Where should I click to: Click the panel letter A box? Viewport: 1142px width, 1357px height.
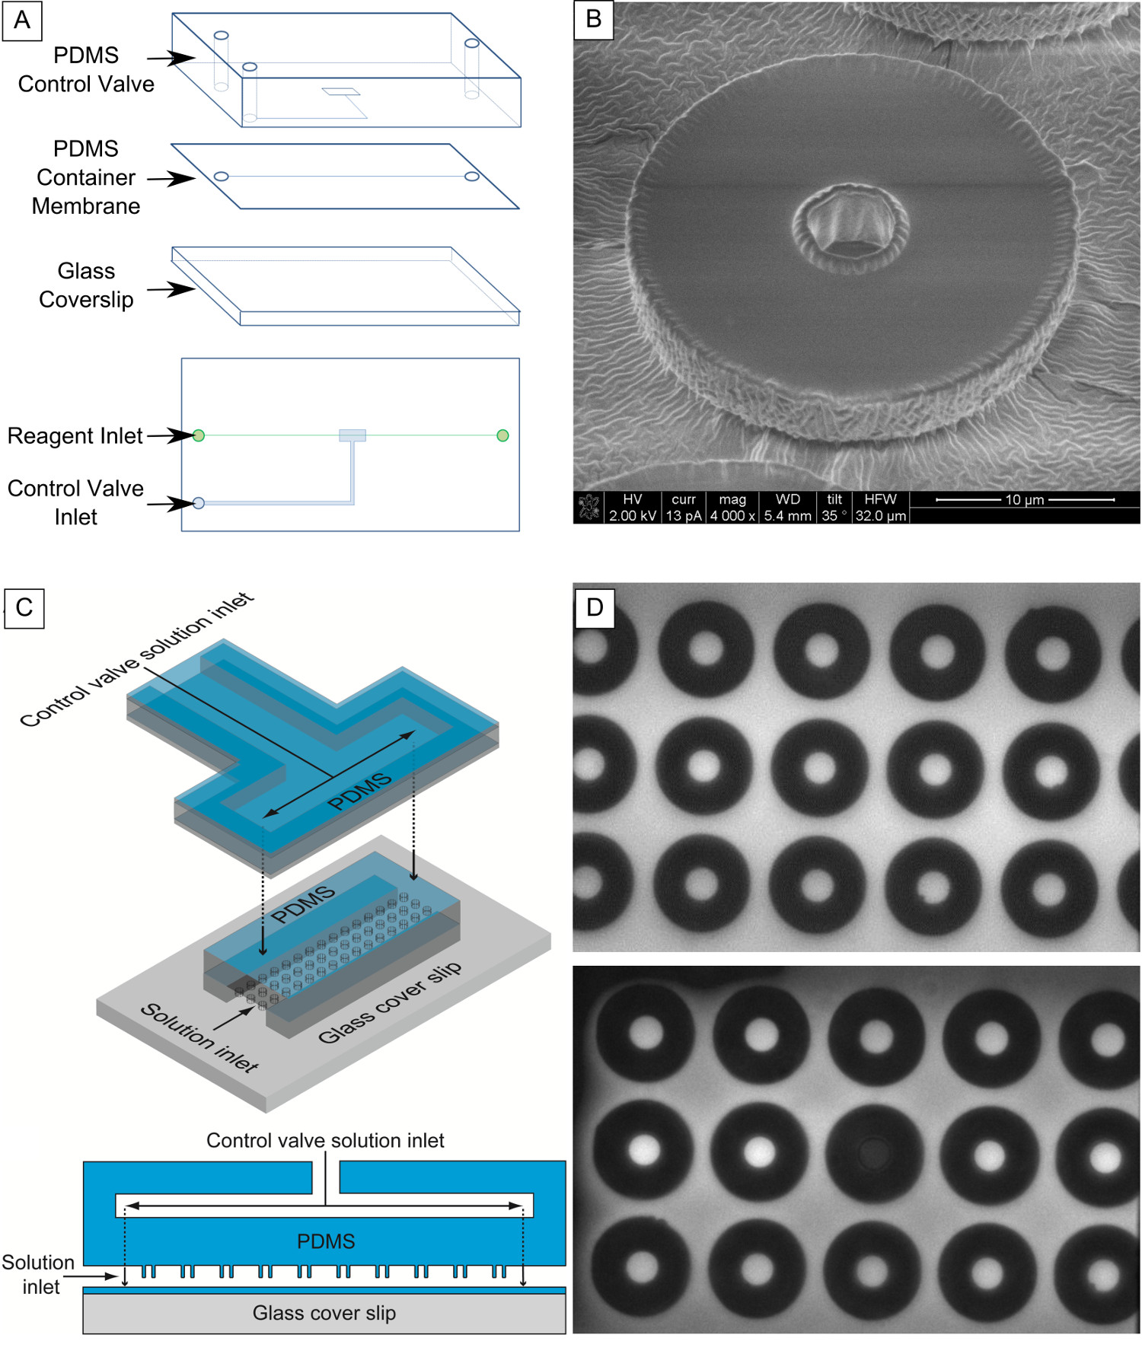point(22,20)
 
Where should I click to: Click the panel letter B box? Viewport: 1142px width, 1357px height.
point(593,19)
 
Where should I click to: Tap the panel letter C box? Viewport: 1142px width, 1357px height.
point(24,607)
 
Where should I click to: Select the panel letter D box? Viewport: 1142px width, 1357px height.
point(595,607)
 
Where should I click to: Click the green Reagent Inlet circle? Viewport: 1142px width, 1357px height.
point(199,435)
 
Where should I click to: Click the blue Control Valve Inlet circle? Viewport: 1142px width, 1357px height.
point(199,503)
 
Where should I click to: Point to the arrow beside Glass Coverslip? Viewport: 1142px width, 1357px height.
point(171,289)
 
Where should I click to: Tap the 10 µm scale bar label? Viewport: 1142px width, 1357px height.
point(1024,500)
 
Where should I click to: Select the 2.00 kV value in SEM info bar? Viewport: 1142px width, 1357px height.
point(633,516)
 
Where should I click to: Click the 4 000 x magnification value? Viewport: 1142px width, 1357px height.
point(732,516)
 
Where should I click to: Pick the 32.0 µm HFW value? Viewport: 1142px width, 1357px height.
point(881,516)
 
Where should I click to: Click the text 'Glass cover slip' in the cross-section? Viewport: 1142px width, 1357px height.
point(324,1313)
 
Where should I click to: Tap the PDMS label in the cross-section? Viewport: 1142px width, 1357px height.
point(326,1241)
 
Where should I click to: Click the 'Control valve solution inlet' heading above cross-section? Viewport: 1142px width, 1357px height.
point(325,1140)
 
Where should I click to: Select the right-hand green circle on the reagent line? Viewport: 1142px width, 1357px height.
point(502,435)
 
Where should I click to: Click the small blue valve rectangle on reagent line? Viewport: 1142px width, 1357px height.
point(352,435)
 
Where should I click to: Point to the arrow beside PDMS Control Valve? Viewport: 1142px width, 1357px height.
point(171,58)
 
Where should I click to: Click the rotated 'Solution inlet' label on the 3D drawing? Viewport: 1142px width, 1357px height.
point(199,1037)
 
